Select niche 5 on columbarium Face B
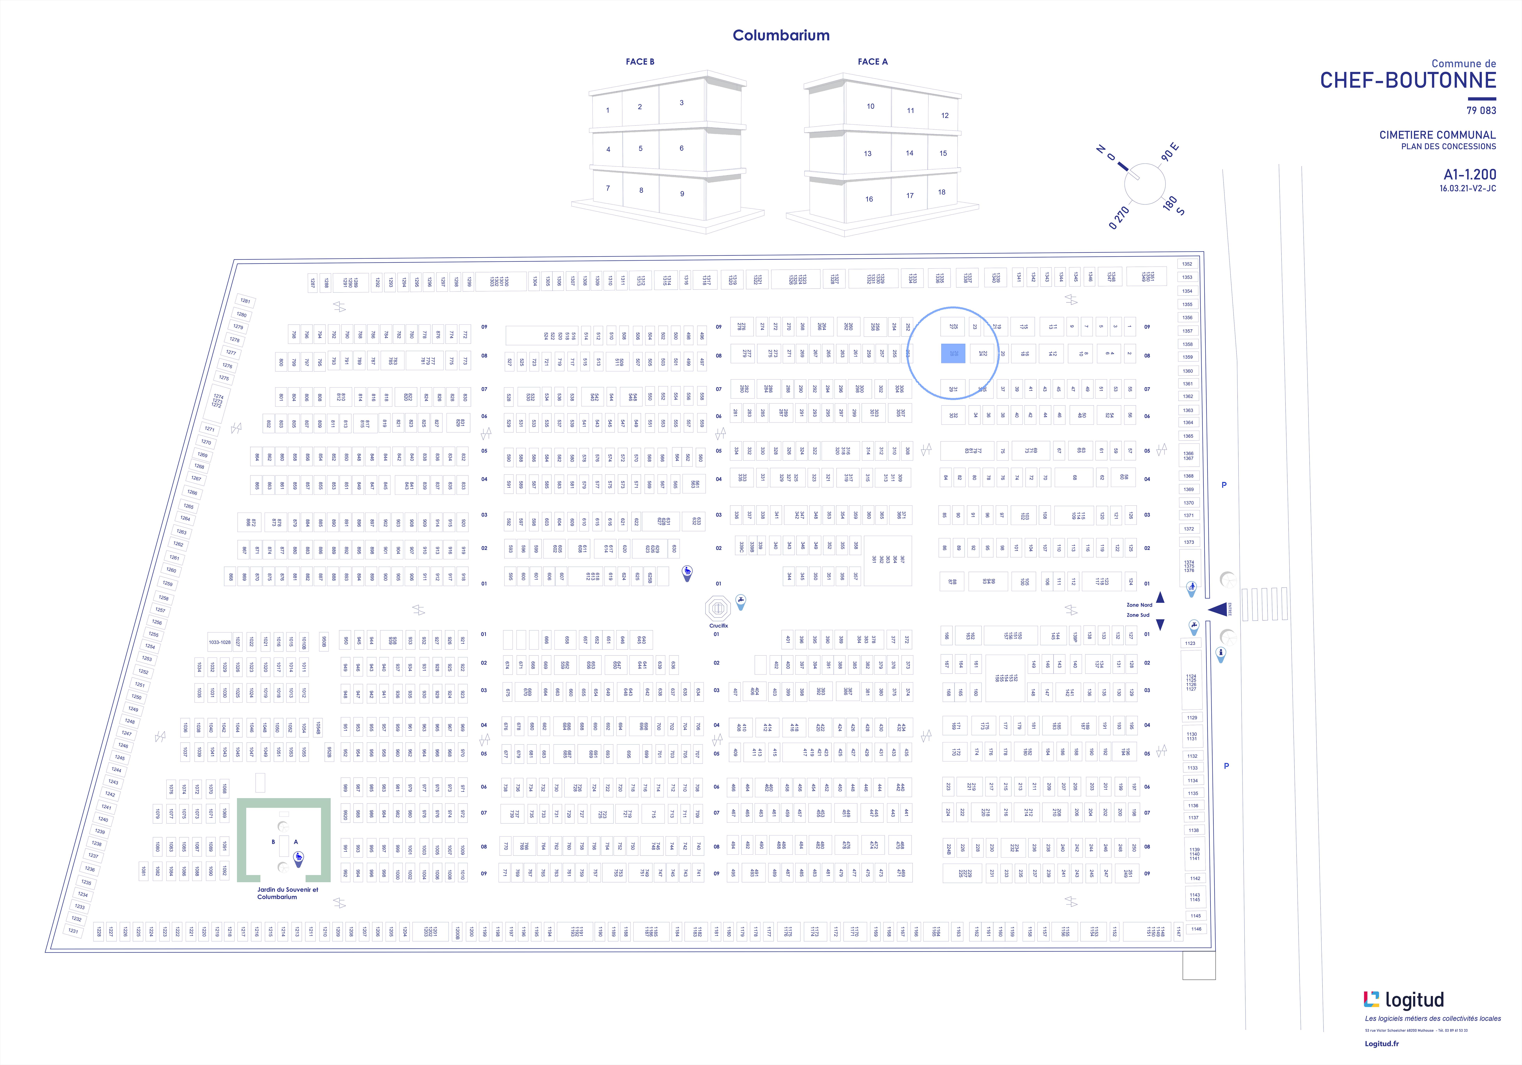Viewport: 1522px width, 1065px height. point(640,148)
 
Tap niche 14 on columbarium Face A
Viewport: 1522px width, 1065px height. point(909,153)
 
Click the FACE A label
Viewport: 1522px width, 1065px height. point(872,62)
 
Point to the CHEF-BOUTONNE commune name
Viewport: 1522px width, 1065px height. point(1408,80)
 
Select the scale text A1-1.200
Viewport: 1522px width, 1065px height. point(1470,174)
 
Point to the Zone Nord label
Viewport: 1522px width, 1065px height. point(1139,605)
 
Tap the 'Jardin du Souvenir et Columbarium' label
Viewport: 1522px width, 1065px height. point(287,893)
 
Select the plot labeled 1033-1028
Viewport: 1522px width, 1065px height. point(219,642)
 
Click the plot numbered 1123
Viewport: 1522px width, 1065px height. point(1191,643)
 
